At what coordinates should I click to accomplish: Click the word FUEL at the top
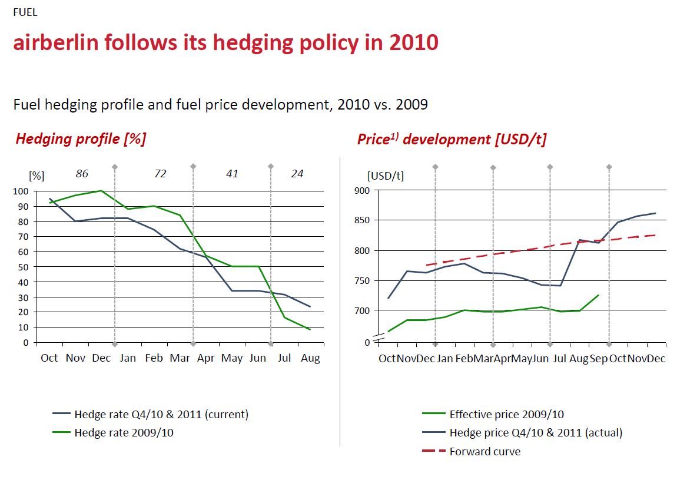(x=25, y=12)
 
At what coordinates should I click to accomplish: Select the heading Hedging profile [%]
(x=81, y=139)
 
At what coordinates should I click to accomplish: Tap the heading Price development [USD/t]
(x=452, y=139)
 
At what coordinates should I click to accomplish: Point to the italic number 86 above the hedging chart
(x=82, y=174)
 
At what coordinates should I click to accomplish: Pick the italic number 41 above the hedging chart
(x=232, y=174)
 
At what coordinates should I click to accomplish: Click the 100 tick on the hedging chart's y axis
(x=21, y=191)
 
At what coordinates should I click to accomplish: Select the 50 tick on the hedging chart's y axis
(x=23, y=267)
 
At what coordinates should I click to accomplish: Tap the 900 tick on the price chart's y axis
(x=361, y=190)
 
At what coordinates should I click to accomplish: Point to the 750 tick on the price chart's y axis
(x=361, y=281)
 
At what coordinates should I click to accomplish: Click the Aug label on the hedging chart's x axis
(x=310, y=358)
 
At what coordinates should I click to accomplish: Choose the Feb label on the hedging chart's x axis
(x=154, y=358)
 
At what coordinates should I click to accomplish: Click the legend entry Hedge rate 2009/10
(x=124, y=433)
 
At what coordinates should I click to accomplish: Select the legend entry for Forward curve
(x=484, y=452)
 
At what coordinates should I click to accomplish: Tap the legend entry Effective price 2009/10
(x=506, y=414)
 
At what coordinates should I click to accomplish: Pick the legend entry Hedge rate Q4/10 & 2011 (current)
(x=161, y=414)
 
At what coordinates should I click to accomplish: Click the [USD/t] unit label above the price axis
(x=386, y=175)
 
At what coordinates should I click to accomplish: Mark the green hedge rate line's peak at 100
(x=101, y=191)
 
